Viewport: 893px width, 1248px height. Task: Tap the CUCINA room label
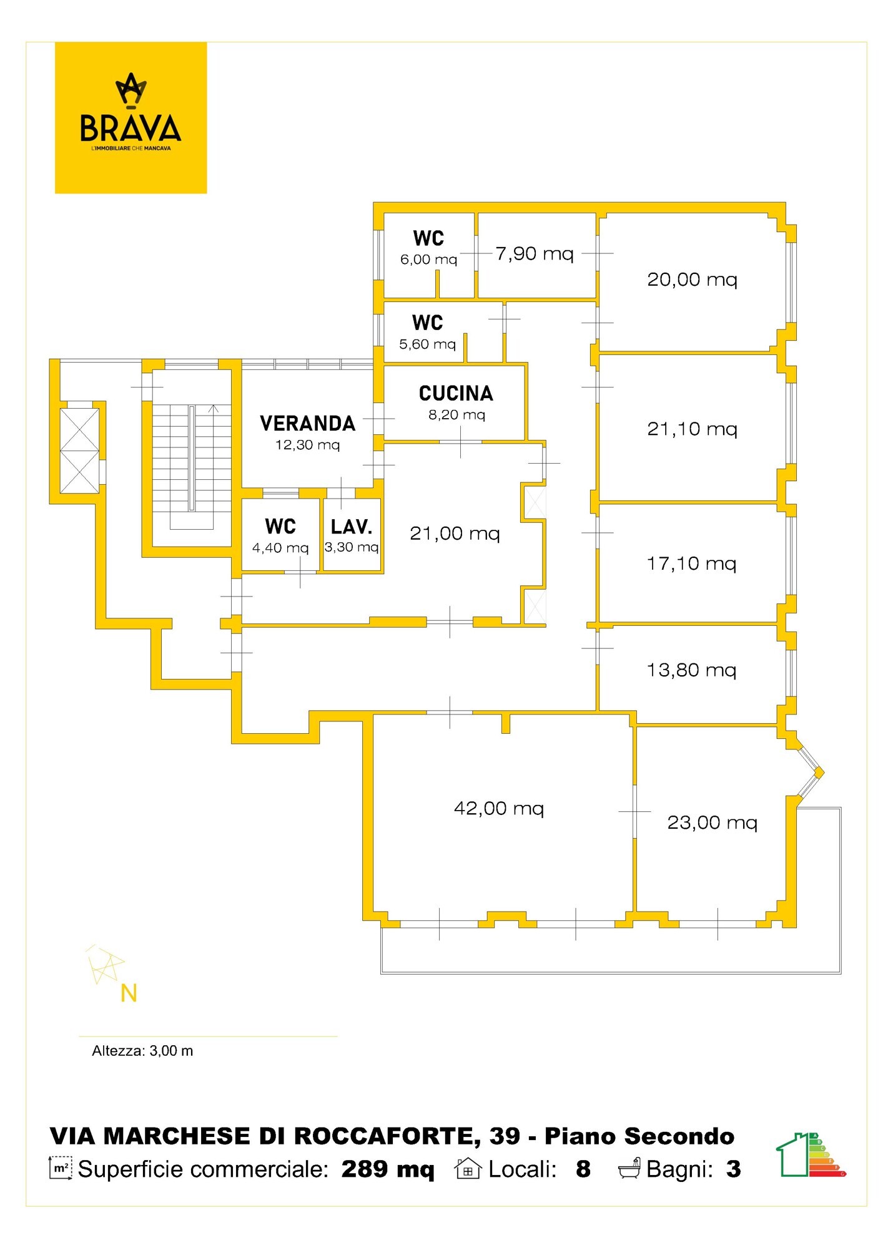click(456, 393)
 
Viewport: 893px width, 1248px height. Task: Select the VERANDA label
click(308, 423)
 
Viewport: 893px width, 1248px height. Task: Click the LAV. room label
click(352, 527)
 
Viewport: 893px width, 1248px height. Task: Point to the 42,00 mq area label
click(499, 808)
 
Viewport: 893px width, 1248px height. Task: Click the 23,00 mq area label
click(713, 822)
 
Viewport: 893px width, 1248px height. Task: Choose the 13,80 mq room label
click(691, 670)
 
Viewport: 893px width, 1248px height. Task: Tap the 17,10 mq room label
click(691, 563)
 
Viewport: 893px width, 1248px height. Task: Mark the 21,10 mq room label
click(692, 429)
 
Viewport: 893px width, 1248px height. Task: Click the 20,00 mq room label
click(692, 279)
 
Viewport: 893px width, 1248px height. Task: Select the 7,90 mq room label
click(535, 253)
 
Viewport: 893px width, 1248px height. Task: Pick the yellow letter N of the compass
click(129, 993)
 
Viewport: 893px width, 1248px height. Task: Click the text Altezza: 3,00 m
click(142, 1051)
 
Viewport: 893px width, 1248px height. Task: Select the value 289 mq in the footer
click(388, 1169)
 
